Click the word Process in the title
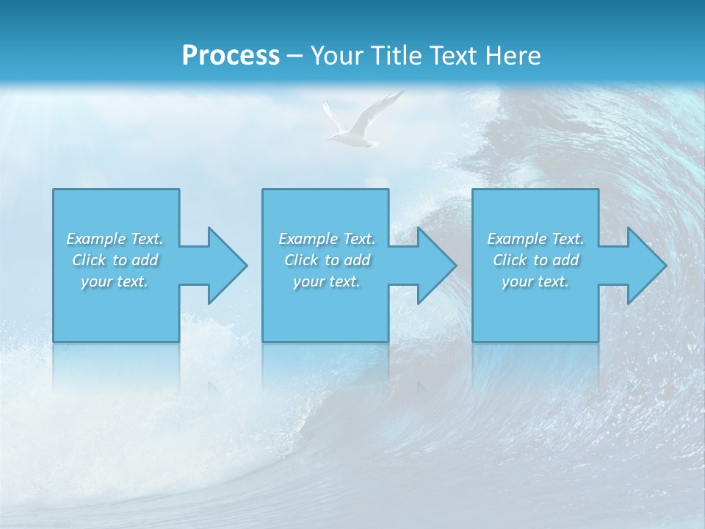point(231,56)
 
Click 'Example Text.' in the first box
point(115,239)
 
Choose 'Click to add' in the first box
point(115,260)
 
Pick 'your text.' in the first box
point(115,281)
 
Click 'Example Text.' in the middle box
point(327,239)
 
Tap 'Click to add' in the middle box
point(327,260)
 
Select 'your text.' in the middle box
point(327,281)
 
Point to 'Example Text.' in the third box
point(535,239)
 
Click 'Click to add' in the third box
point(535,260)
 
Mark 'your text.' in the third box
point(535,281)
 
